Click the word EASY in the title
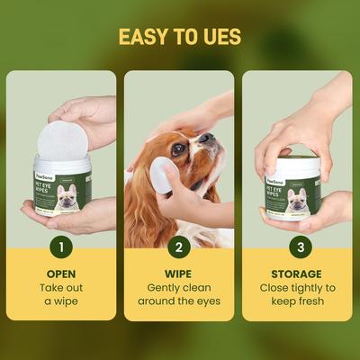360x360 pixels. [144, 37]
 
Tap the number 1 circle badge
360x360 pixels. [60, 245]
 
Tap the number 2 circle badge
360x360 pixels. [178, 245]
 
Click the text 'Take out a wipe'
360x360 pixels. [60, 293]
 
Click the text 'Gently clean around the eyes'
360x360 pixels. [178, 293]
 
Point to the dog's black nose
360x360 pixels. [206, 138]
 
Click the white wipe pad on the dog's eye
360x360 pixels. [163, 175]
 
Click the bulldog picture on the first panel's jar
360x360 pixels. [68, 199]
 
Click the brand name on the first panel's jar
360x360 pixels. [48, 176]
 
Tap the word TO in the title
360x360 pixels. [186, 37]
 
